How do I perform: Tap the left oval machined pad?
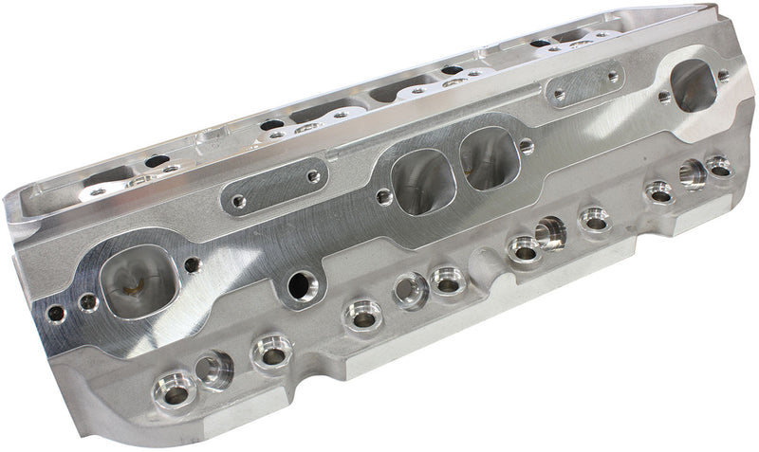(x=275, y=187)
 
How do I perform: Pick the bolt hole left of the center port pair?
(x=382, y=197)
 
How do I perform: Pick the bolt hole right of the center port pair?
(x=527, y=147)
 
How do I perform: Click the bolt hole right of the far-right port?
(x=724, y=75)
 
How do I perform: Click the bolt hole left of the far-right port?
(x=664, y=98)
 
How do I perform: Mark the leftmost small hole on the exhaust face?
(x=57, y=314)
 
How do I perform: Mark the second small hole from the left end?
(x=88, y=303)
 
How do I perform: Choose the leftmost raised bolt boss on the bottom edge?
(x=173, y=388)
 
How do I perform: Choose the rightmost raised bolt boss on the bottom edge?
(x=718, y=167)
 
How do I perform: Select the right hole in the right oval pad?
(x=612, y=76)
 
